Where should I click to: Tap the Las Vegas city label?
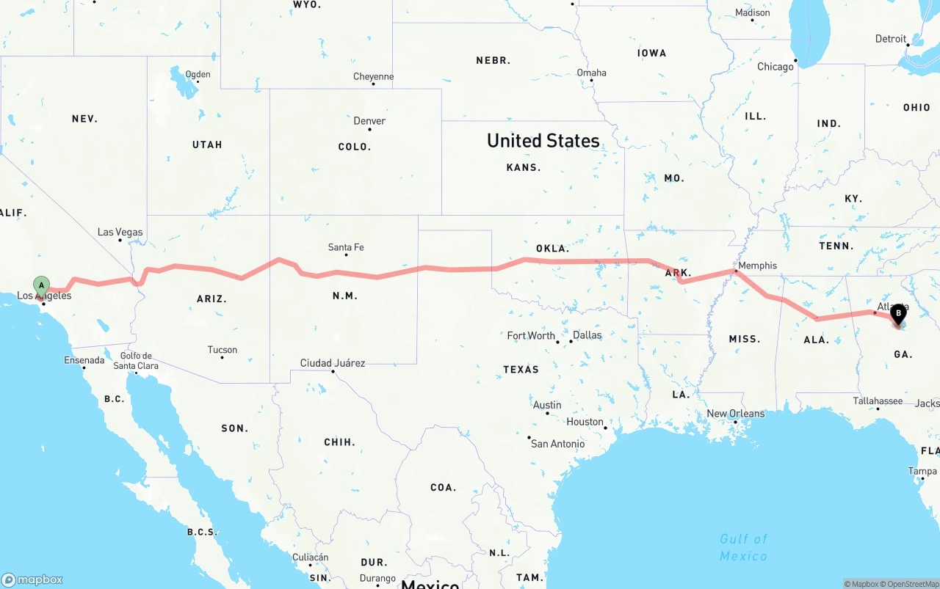pyautogui.click(x=120, y=233)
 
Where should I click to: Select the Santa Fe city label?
pyautogui.click(x=346, y=248)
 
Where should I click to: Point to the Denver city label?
pyautogui.click(x=369, y=121)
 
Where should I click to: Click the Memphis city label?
pyautogui.click(x=757, y=266)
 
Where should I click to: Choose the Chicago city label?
pyautogui.click(x=775, y=67)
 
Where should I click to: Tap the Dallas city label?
pyautogui.click(x=587, y=335)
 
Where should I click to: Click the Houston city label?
pyautogui.click(x=585, y=422)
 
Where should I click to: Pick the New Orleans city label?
pyautogui.click(x=735, y=414)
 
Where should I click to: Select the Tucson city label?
pyautogui.click(x=222, y=350)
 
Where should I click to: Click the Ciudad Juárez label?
pyautogui.click(x=332, y=363)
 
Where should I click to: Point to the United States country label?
pyautogui.click(x=543, y=141)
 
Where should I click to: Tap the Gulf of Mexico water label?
pyautogui.click(x=743, y=547)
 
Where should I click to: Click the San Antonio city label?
pyautogui.click(x=557, y=444)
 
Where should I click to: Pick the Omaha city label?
pyautogui.click(x=591, y=73)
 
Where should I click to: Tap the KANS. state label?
pyautogui.click(x=524, y=167)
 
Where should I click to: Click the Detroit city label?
pyautogui.click(x=891, y=39)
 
